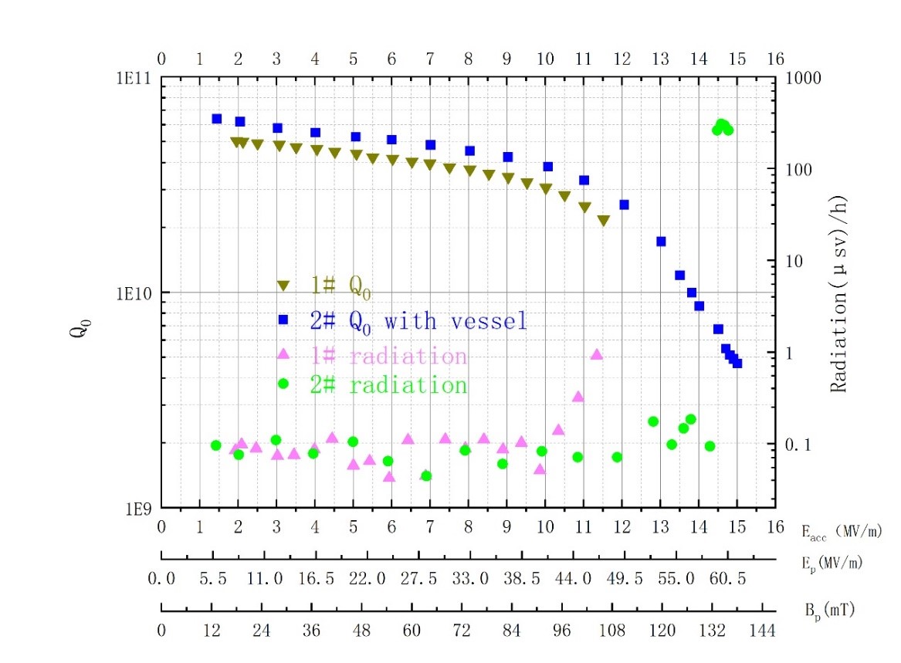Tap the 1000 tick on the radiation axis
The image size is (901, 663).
[x=802, y=78]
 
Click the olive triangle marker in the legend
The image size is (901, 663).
[x=283, y=286]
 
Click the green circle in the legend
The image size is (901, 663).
[x=283, y=384]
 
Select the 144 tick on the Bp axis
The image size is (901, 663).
[x=763, y=631]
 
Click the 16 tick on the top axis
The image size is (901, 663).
[x=775, y=59]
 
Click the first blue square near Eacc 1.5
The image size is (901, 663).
[x=216, y=119]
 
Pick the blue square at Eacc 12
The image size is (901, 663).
[x=624, y=205]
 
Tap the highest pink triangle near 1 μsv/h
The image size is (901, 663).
[x=596, y=354]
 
